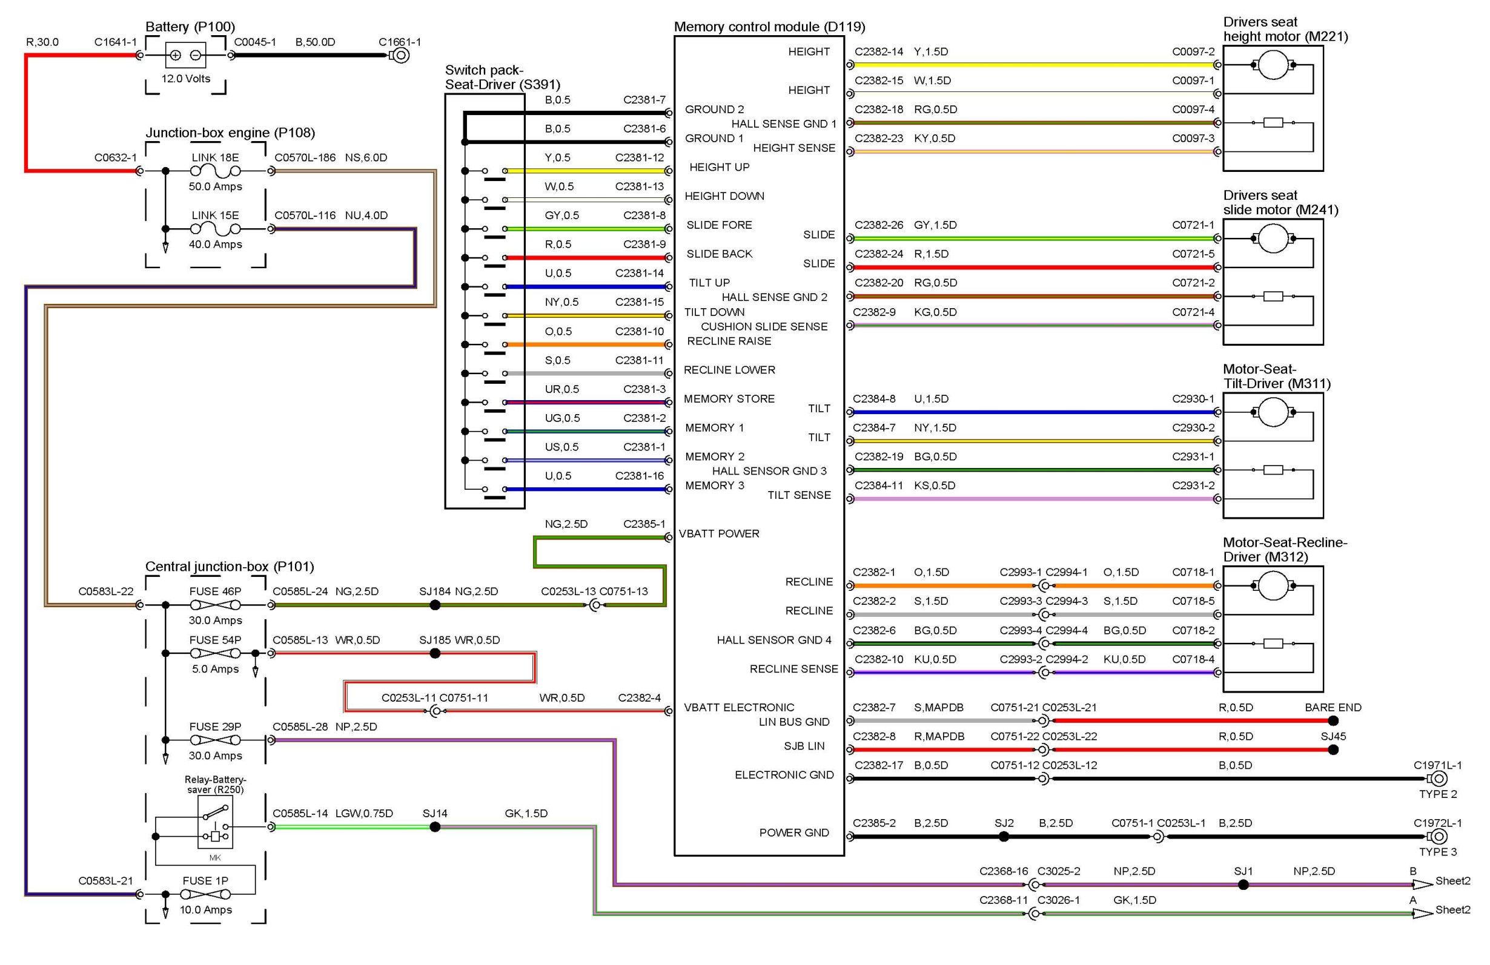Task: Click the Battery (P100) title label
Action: [x=190, y=27]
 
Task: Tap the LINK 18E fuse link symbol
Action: [x=215, y=171]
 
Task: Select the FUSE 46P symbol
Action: [x=215, y=605]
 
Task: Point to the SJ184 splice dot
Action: [x=435, y=605]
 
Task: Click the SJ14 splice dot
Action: [x=435, y=828]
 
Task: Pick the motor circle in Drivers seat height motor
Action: [x=1273, y=64]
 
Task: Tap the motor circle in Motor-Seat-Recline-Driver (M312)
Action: [x=1273, y=586]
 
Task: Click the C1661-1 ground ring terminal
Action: [x=400, y=56]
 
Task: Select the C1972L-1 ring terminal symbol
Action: [x=1438, y=837]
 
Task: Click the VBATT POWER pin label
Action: [x=719, y=534]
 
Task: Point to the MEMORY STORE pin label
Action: [x=729, y=398]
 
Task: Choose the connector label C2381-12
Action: [x=639, y=157]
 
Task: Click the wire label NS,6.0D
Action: [x=366, y=157]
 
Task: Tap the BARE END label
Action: [x=1333, y=708]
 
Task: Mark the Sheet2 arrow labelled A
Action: [x=1422, y=914]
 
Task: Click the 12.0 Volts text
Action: [x=185, y=79]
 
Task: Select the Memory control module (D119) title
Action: [x=769, y=27]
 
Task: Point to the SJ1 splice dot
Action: [x=1243, y=885]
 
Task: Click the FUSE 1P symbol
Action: [x=205, y=895]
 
